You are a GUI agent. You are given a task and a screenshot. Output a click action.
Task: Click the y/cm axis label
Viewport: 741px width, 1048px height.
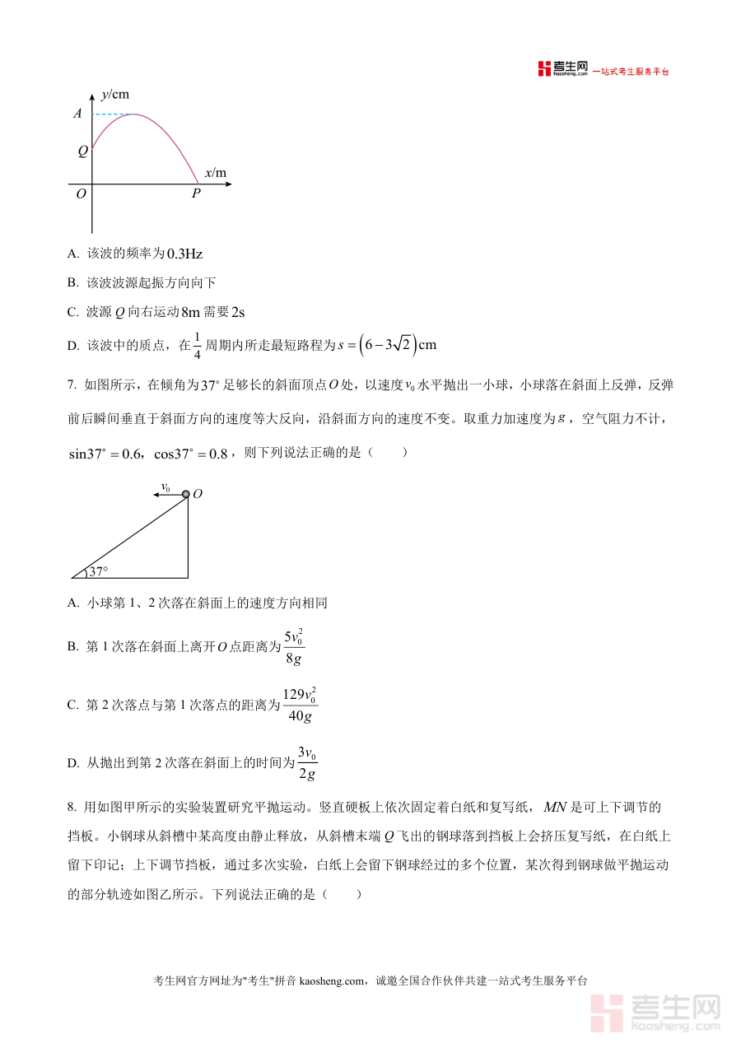coord(115,94)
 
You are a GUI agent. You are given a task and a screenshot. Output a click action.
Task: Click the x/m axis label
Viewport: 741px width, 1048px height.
coord(215,173)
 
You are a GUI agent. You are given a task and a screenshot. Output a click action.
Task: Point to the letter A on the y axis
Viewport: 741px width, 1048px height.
coord(78,114)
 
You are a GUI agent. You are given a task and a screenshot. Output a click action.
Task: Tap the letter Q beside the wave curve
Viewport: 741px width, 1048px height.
coord(82,151)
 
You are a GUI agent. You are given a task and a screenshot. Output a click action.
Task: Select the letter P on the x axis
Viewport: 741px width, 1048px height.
coord(196,194)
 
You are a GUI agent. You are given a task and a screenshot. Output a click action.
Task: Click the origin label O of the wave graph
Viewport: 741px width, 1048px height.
coord(81,194)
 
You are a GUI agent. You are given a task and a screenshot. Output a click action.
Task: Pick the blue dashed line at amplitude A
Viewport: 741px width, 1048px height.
coord(113,114)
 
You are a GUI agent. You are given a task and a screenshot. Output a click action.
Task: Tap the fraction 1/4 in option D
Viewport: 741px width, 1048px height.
coord(197,345)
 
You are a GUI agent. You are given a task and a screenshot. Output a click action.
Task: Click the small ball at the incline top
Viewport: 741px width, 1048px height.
coord(186,495)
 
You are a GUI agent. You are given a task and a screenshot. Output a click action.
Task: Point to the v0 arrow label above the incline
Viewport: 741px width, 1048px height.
coord(165,487)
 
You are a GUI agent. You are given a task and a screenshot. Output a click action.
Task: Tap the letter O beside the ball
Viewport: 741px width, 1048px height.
coord(198,495)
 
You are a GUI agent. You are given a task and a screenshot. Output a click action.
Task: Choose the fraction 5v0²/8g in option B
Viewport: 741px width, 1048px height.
coord(293,647)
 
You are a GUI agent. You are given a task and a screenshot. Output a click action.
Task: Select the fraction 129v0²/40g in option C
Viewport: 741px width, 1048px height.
coord(300,705)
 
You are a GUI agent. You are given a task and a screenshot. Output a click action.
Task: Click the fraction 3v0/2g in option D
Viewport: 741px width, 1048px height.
coord(307,762)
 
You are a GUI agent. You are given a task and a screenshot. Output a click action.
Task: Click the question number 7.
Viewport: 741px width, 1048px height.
coord(72,384)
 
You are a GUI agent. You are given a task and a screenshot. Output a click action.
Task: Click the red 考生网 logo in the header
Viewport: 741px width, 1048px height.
coord(562,69)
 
